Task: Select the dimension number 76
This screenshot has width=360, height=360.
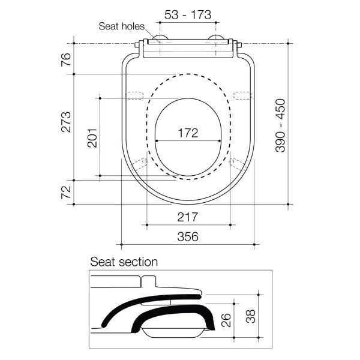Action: coord(67,59)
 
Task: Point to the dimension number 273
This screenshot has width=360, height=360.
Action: coord(67,122)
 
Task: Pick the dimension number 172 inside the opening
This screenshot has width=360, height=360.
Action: coord(188,133)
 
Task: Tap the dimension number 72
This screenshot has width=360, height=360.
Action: coord(67,193)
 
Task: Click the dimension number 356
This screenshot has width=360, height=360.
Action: coord(188,236)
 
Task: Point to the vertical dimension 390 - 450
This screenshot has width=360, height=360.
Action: coord(280,125)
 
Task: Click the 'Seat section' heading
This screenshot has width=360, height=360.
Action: coord(124,262)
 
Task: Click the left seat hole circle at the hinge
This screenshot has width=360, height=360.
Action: coord(160,40)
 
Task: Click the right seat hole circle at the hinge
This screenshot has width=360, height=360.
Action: coord(215,40)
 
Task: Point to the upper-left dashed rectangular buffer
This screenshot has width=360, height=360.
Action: coord(139,94)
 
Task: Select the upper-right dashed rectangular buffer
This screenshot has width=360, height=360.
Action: coord(242,94)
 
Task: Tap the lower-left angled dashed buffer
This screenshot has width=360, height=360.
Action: coord(141,164)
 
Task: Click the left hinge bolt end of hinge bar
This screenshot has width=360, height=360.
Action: coord(137,44)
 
